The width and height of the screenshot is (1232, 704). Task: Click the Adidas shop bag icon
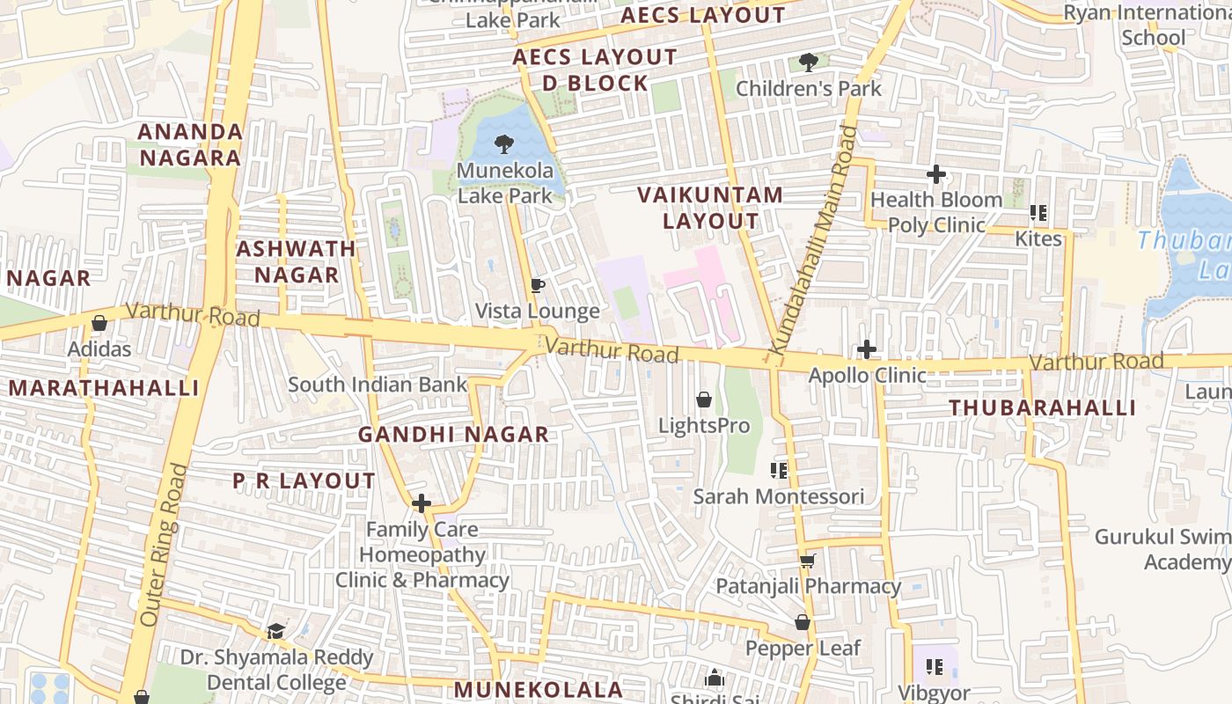coord(99,324)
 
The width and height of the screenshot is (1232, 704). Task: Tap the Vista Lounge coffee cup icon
coord(538,285)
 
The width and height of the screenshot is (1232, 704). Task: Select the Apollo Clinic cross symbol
coord(867,349)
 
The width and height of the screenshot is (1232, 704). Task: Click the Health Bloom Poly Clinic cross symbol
coord(936,174)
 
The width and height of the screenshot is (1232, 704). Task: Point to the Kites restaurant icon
coord(1038,213)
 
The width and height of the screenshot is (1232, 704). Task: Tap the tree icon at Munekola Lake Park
coord(504,144)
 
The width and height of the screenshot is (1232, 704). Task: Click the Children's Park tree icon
coord(808,62)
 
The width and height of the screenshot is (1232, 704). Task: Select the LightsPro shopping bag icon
coord(704,400)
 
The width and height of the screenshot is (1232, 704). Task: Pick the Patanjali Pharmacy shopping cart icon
coord(807,561)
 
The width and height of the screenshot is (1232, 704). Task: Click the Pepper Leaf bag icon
coord(802,623)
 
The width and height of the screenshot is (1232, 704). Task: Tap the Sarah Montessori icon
coord(778,471)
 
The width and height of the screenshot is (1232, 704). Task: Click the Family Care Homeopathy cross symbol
coord(422,503)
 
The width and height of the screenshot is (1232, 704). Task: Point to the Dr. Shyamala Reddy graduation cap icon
coord(275,631)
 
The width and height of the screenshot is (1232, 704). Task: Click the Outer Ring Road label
coord(163,546)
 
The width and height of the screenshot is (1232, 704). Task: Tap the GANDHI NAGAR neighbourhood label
coord(453,434)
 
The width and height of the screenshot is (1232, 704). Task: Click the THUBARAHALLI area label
coord(1042,407)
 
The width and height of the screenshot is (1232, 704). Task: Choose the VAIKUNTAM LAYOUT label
coord(710,208)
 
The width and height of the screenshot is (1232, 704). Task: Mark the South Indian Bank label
coord(378,385)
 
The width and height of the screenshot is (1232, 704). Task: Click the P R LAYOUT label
coord(304,481)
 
